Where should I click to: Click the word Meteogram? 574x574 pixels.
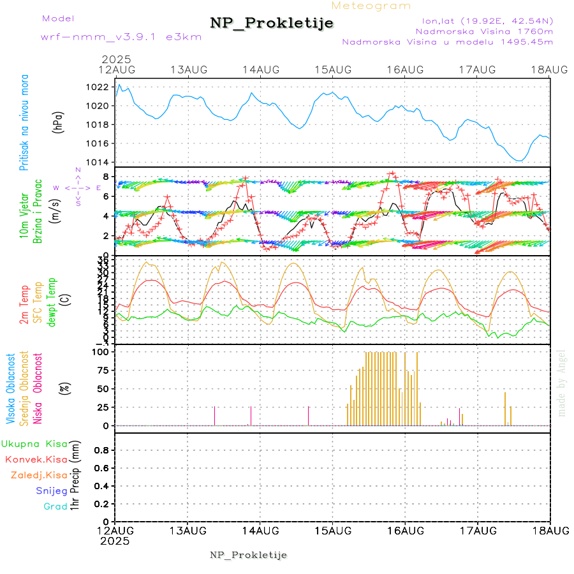[371, 6]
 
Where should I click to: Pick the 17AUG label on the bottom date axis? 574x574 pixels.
[477, 531]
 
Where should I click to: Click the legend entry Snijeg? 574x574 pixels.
[52, 491]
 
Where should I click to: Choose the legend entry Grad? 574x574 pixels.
[56, 506]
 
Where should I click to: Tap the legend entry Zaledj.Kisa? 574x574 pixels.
[39, 475]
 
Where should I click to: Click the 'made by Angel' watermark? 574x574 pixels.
[562, 383]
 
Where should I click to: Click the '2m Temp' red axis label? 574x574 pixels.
[24, 305]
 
